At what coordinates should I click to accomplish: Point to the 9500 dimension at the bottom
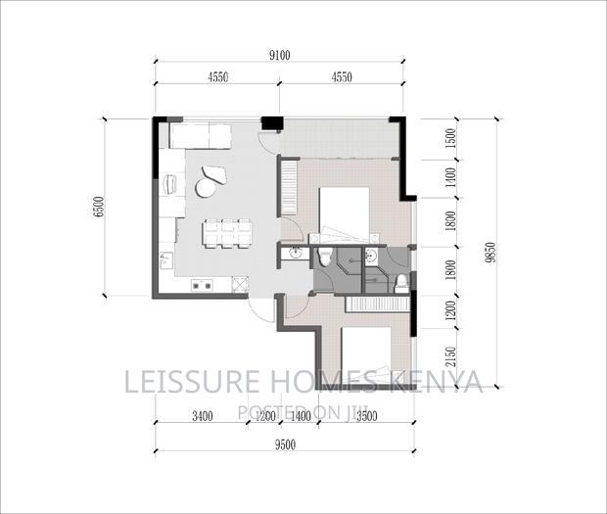tap(284, 444)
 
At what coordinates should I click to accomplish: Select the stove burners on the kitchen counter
tap(203, 286)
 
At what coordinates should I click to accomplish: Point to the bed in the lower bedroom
tap(365, 354)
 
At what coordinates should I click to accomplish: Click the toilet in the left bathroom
tap(324, 257)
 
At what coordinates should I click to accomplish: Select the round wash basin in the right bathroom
tap(370, 257)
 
